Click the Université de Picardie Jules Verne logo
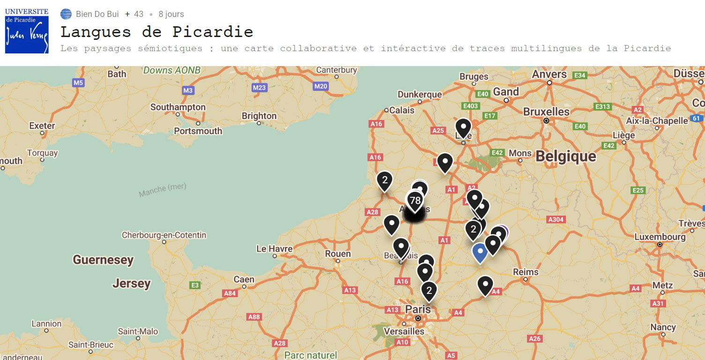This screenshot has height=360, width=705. click(27, 30)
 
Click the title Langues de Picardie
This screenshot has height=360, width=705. click(156, 32)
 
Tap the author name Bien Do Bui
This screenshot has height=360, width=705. click(97, 14)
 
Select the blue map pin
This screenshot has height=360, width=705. click(479, 252)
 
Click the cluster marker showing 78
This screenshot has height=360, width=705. click(415, 201)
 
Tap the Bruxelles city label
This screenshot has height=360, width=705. click(546, 112)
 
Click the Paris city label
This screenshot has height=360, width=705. click(418, 309)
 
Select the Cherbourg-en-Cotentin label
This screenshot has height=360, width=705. click(164, 235)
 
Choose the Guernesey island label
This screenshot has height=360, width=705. click(103, 260)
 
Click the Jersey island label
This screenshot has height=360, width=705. click(132, 283)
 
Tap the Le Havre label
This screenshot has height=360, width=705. click(275, 248)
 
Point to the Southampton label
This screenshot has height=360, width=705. click(178, 107)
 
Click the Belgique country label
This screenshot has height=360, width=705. click(566, 156)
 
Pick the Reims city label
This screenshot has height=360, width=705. click(526, 272)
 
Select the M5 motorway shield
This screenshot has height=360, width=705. click(78, 83)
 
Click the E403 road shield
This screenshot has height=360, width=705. click(470, 106)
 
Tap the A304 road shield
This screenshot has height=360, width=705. click(556, 219)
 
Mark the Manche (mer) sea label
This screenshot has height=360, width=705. click(163, 189)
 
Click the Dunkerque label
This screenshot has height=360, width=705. click(420, 94)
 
